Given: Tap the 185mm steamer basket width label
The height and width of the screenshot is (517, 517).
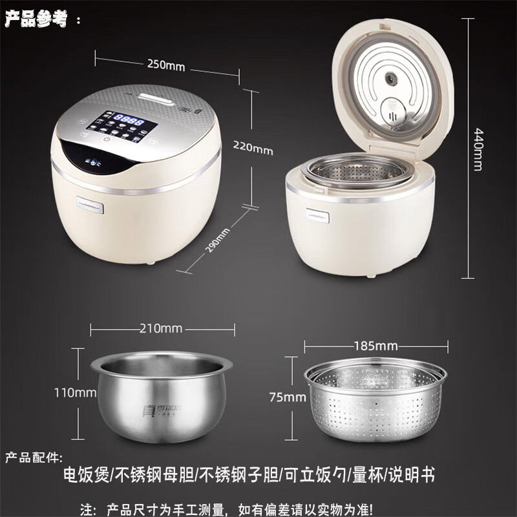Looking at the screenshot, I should pos(375,344).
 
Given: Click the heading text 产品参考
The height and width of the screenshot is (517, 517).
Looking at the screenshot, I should pos(36,19).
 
